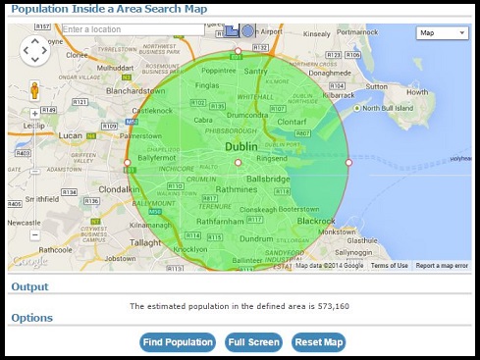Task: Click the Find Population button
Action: [178, 342]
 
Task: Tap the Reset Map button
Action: [318, 342]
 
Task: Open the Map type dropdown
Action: [442, 32]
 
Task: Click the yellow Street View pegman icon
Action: [33, 92]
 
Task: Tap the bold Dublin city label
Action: [241, 147]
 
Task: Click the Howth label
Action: [417, 93]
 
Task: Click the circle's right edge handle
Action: [348, 163]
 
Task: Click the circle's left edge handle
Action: [127, 163]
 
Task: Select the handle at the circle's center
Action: [238, 163]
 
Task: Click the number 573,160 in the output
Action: [330, 306]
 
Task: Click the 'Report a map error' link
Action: [442, 266]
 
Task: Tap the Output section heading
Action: [29, 286]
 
